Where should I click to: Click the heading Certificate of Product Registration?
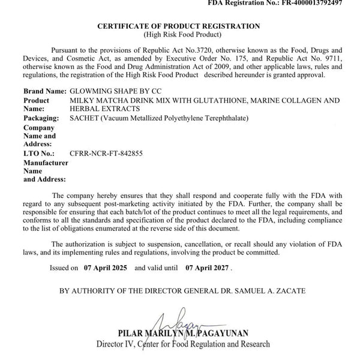179,26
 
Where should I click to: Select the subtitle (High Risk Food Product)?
179,35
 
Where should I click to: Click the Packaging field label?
44,118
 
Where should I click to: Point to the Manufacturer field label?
45,163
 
